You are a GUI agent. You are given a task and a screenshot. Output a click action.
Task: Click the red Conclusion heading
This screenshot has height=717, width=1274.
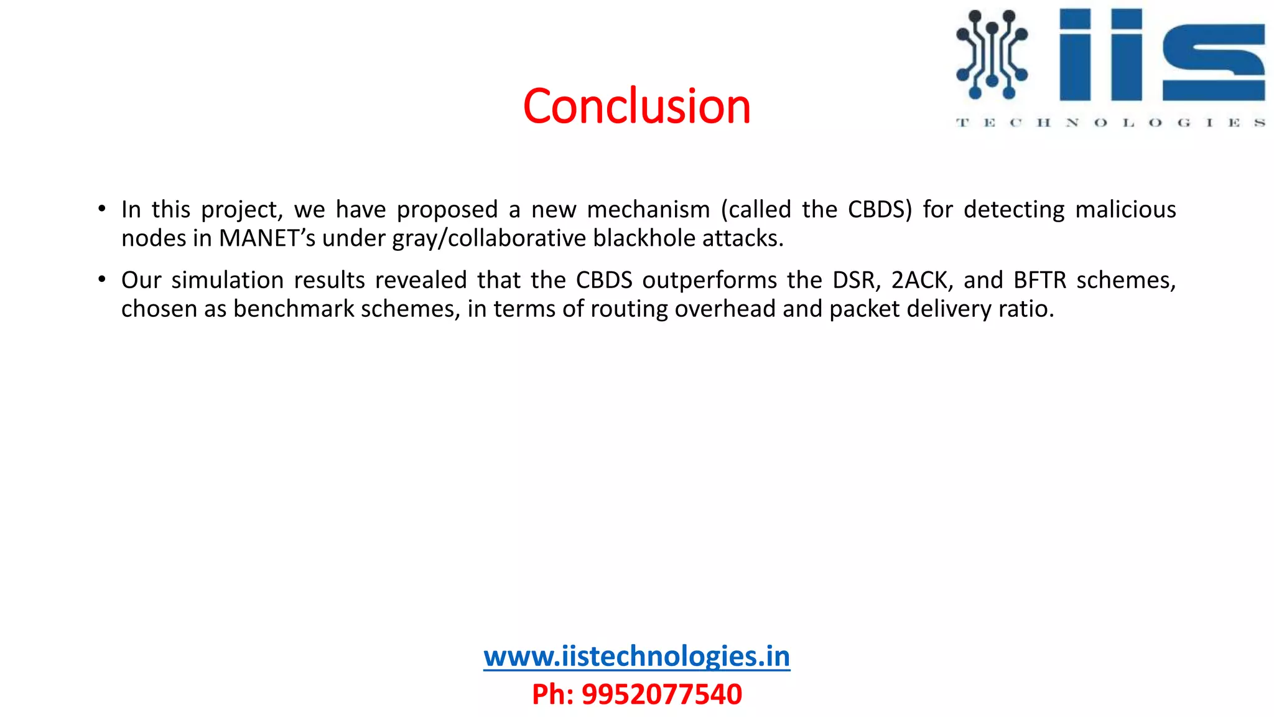[x=636, y=106]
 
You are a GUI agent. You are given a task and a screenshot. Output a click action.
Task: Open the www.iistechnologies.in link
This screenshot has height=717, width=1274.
[x=636, y=657]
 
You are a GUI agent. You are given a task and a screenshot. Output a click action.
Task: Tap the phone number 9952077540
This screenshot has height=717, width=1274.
[x=661, y=694]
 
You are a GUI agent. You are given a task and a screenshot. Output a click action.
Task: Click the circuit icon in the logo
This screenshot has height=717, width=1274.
[x=992, y=54]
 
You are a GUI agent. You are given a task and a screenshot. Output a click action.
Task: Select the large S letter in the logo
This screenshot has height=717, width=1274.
[x=1213, y=62]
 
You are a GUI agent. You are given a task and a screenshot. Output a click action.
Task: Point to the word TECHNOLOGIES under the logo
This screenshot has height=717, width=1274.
[x=1110, y=123]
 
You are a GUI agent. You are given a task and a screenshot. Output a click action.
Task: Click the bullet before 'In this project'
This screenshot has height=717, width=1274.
[x=101, y=209]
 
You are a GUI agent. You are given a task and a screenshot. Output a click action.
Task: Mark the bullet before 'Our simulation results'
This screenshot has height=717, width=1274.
[x=101, y=279]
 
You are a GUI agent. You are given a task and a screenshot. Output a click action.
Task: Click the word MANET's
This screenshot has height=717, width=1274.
[x=267, y=238]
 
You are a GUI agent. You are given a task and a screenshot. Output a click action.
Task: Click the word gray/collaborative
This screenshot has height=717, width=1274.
[x=489, y=238]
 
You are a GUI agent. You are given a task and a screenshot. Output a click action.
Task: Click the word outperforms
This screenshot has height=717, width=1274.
[x=710, y=281]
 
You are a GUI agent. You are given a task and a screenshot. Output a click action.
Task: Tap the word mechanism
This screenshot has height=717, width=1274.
[x=648, y=210]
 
